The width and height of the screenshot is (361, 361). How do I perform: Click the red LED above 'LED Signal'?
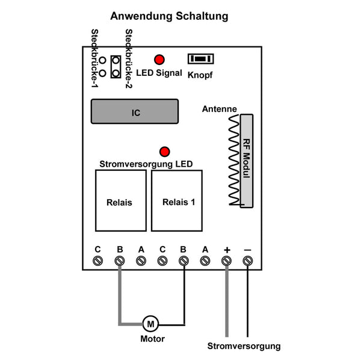pos(159,60)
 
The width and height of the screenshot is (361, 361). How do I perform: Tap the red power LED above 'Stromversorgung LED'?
pos(165,152)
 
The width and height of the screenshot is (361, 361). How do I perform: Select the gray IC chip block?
pos(135,111)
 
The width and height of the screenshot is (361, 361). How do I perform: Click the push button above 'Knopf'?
pos(200,59)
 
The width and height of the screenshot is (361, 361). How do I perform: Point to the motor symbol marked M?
pos(150,324)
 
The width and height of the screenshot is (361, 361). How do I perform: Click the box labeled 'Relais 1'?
pos(177,200)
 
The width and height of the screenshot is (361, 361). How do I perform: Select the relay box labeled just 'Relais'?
pos(121,200)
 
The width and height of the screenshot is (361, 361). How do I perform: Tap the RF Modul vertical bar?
pos(247,161)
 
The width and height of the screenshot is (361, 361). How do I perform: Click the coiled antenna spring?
pos(234,160)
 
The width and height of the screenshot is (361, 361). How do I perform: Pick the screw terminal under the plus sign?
pos(226,261)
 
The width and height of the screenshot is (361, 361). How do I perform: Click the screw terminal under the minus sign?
pos(248,261)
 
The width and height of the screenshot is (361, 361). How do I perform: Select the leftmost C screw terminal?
pos(97,261)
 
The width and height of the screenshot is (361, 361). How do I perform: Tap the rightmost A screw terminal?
pos(205,261)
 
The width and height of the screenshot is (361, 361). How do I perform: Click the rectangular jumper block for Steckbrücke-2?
pos(116,67)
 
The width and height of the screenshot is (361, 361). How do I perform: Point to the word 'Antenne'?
pos(219,109)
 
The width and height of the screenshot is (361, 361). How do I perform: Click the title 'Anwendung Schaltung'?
pos(169,16)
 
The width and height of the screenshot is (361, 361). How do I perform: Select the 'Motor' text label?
pos(152,339)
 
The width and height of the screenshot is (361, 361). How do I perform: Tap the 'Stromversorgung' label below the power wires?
pos(244,347)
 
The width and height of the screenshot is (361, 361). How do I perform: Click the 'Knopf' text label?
pos(200,75)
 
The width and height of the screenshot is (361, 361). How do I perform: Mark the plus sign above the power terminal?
pos(227,250)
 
